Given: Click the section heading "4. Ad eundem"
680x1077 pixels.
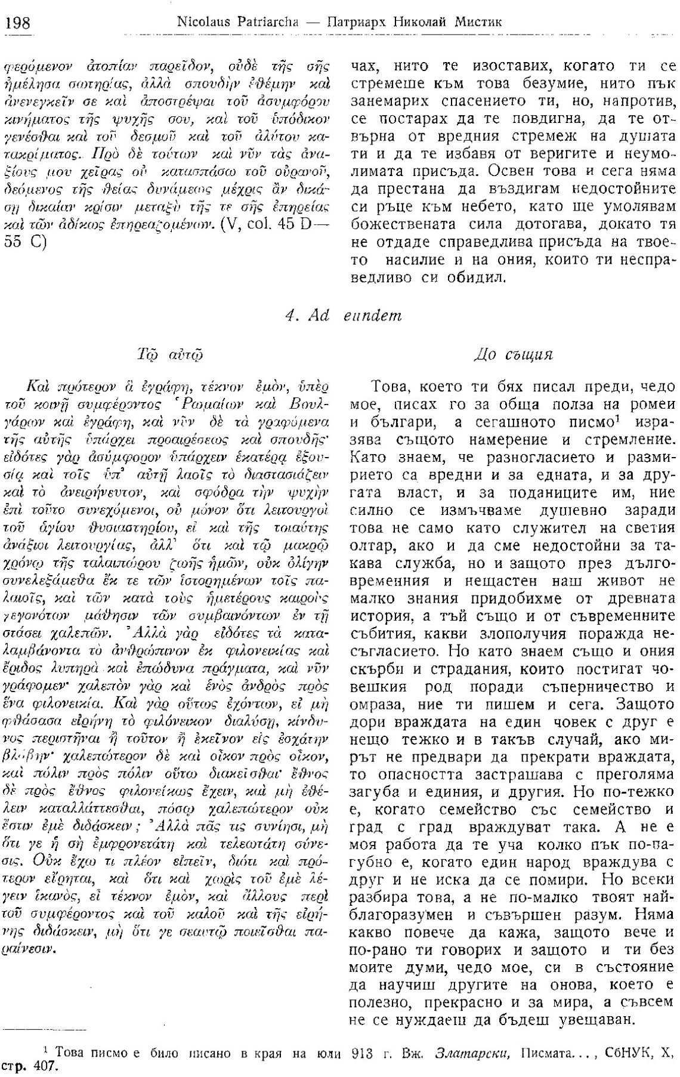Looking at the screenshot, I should [x=343, y=316].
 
